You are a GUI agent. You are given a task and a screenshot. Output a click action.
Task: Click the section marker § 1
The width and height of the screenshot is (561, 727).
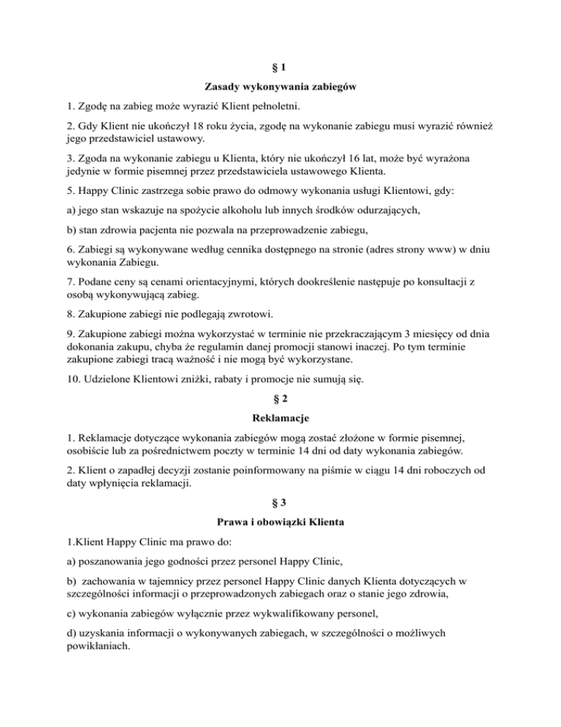(x=280, y=67)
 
